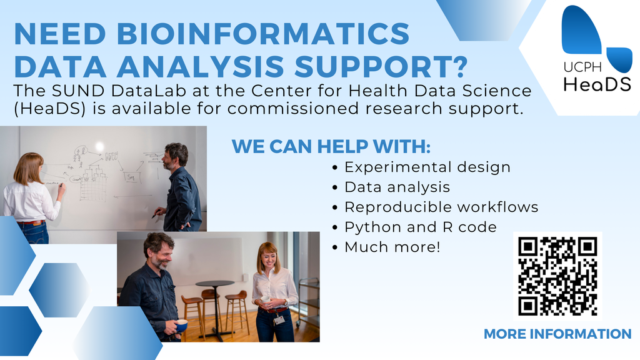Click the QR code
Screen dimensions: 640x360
click(557, 276)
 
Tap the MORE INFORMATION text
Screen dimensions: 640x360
click(557, 334)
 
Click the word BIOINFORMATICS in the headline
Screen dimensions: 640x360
click(263, 34)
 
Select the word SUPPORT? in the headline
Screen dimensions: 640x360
click(381, 66)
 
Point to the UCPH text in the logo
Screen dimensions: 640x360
click(582, 67)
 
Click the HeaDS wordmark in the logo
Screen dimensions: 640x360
click(597, 84)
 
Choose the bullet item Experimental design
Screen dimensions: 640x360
click(427, 167)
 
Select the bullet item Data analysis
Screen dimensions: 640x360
click(397, 187)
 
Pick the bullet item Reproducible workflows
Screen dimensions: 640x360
click(441, 207)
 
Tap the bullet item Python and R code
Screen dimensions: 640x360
click(421, 227)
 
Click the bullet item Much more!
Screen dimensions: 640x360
click(392, 247)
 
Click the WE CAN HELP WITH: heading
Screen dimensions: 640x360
click(331, 146)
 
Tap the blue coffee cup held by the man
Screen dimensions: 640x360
click(181, 325)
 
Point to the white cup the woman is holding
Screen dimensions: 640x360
click(265, 299)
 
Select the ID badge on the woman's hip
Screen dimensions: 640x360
click(279, 319)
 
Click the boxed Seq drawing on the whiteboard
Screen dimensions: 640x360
click(131, 177)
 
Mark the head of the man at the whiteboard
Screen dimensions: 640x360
click(175, 156)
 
